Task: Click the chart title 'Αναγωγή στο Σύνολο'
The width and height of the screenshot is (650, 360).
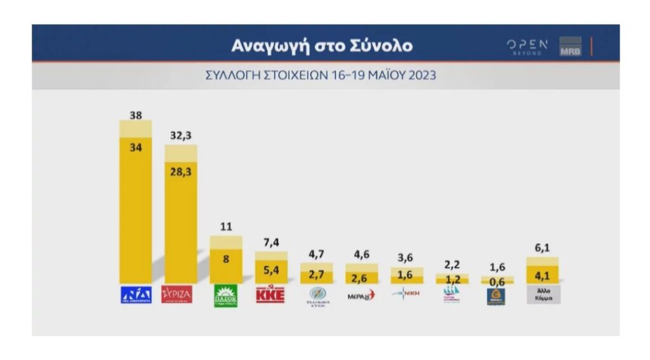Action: (321, 46)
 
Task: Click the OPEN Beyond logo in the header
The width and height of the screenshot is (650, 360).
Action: (527, 46)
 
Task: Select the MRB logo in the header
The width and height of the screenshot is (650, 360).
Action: (570, 47)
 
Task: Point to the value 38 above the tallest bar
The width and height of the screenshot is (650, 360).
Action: (135, 115)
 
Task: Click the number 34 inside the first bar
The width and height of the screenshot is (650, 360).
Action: (135, 147)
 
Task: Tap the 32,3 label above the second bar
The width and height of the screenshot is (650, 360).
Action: (181, 136)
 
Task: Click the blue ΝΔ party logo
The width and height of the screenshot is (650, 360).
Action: (136, 295)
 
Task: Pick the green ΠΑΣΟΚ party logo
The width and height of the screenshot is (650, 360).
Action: (226, 296)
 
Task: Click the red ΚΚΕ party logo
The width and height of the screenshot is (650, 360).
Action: (270, 295)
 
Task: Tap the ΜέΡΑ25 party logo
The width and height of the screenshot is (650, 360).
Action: (361, 295)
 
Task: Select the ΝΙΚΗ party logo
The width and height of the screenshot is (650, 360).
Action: (406, 294)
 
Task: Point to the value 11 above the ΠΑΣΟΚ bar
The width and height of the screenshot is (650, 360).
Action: (226, 227)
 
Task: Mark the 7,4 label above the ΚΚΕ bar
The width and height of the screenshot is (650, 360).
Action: (271, 242)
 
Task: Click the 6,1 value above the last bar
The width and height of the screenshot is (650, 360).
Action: (542, 248)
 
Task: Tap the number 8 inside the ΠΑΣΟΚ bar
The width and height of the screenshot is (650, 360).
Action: (226, 259)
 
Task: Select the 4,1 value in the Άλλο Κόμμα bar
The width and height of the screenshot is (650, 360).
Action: (542, 276)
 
